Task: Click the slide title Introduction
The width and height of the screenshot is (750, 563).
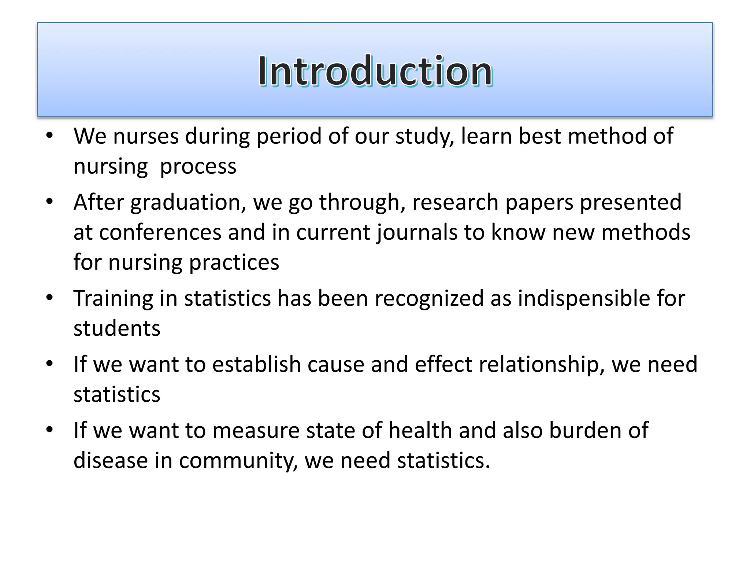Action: click(375, 71)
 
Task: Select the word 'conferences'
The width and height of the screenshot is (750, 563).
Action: click(160, 232)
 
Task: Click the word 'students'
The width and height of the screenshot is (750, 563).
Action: click(117, 328)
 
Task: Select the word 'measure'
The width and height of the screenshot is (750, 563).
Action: click(256, 430)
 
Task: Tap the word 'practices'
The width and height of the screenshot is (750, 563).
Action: click(234, 262)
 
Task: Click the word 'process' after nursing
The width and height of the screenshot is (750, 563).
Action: click(198, 166)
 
